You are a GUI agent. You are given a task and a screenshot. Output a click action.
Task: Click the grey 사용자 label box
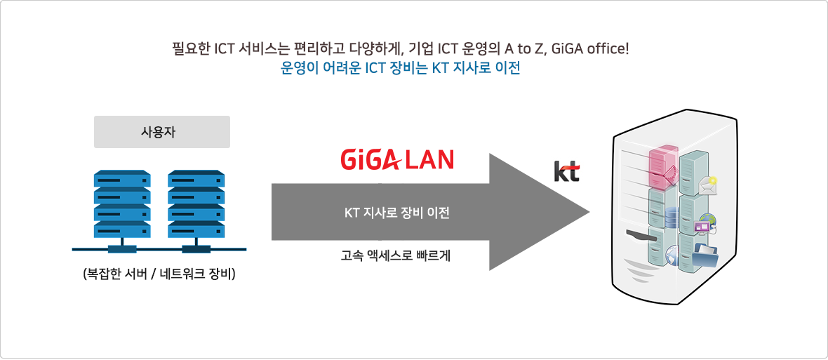point(162,132)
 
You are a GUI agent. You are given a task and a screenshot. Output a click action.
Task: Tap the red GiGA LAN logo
point(397,159)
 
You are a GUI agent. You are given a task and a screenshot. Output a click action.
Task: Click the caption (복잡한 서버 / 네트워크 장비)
point(159,274)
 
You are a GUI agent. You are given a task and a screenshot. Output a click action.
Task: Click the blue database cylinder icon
point(671,217)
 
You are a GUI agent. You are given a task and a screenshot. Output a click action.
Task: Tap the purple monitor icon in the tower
point(702,227)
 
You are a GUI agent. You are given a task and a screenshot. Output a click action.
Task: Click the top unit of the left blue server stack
point(122,178)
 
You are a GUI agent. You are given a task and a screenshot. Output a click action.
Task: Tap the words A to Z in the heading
point(528,49)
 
